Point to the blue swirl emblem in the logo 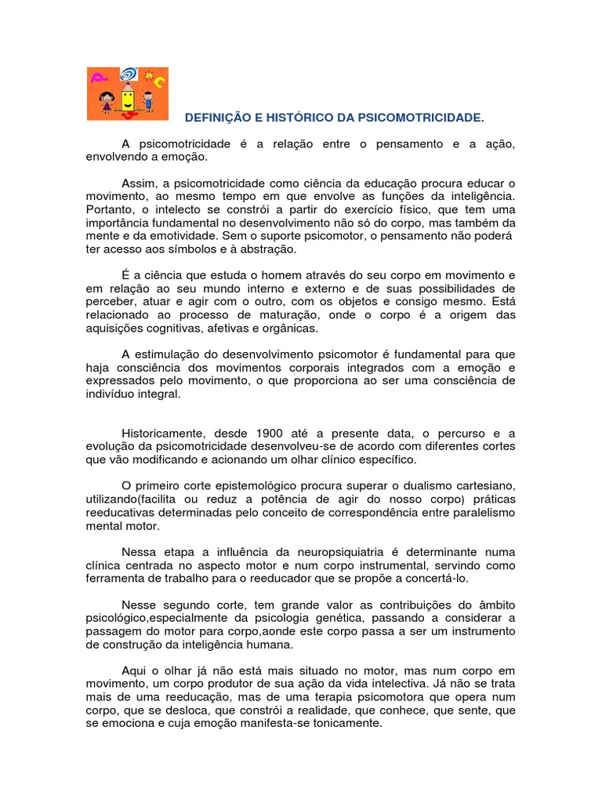[x=127, y=75]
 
